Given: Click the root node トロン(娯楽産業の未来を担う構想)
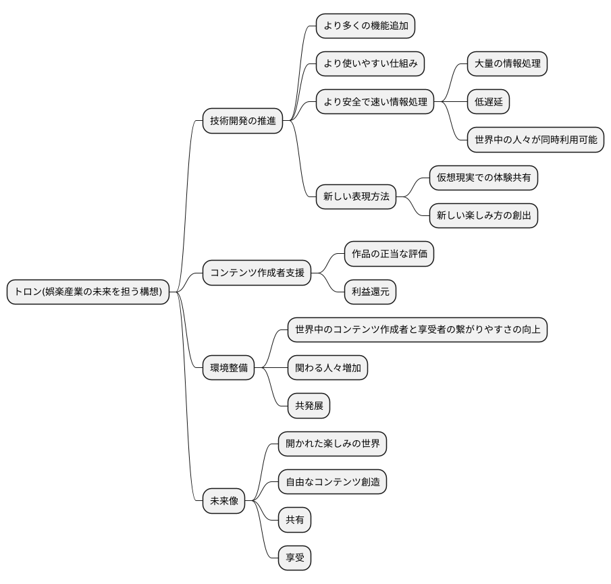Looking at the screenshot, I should (88, 292).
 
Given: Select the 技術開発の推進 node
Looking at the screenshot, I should (242, 122).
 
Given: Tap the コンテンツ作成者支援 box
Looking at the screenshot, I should (257, 273).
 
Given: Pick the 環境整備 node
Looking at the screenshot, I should (229, 368).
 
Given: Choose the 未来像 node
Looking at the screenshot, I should (223, 501).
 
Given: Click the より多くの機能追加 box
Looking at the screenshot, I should (365, 26).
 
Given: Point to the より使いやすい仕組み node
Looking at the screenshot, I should (370, 64).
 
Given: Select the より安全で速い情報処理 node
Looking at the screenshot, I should (375, 102).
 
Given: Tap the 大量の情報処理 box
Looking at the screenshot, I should (507, 64).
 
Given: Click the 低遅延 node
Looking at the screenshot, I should (488, 102).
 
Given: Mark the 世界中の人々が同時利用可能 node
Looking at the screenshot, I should (535, 140).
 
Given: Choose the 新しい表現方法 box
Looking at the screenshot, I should (356, 196).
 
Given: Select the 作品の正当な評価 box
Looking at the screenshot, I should (389, 255).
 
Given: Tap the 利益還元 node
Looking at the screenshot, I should (370, 292).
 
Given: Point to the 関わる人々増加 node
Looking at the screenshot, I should (327, 368).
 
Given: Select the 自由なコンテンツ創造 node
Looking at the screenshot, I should (332, 482).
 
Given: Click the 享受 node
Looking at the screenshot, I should (294, 558).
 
